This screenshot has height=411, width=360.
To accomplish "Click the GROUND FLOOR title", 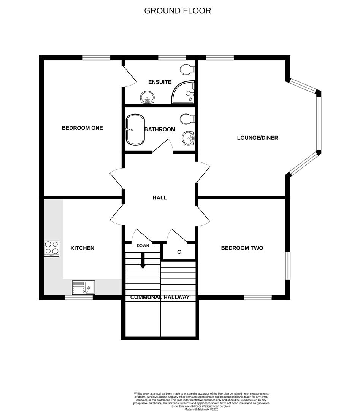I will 178,11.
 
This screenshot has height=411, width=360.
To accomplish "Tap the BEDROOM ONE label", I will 82,128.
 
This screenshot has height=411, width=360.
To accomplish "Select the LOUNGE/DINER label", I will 257,138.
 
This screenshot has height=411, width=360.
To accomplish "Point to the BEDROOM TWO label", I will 242,248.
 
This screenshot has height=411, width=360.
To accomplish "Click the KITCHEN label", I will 82,248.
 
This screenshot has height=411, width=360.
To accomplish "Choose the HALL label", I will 160,198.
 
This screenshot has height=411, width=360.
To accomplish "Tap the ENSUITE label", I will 160,82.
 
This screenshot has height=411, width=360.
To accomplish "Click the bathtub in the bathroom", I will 135,129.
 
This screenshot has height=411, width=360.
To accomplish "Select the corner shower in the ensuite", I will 184,92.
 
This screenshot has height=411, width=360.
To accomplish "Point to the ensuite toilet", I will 187,70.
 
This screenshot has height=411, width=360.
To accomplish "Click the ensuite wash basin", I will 147,97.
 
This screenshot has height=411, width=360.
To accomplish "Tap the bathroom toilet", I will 187,119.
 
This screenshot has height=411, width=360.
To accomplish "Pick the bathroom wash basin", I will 187,138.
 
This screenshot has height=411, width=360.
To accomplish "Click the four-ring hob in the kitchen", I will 52,249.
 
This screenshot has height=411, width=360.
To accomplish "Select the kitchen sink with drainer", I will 84,287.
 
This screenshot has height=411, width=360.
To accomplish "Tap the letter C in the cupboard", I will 179,252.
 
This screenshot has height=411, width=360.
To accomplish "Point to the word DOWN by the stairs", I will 143,245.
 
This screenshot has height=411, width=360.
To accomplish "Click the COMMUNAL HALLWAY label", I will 160,298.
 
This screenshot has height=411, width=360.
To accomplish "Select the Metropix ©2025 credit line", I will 201,409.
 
